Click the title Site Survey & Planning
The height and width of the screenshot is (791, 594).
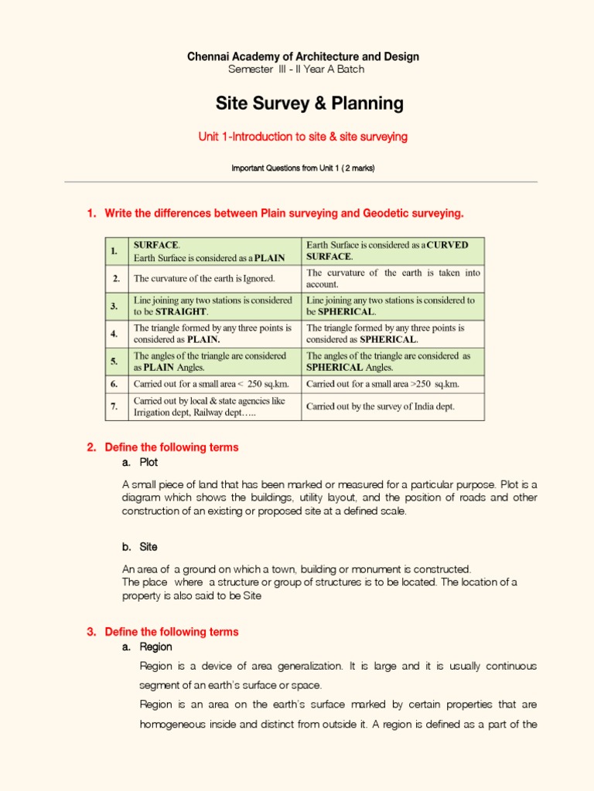(x=298, y=104)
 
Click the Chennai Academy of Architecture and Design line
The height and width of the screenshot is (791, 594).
(x=303, y=57)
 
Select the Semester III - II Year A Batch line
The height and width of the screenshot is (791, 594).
(x=296, y=70)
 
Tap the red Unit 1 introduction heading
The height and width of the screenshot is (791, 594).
(x=302, y=137)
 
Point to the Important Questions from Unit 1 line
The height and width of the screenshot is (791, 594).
(x=303, y=168)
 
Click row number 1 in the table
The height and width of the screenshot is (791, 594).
(x=114, y=251)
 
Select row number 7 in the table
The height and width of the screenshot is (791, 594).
(x=114, y=406)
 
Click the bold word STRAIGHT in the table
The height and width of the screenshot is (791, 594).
(x=181, y=312)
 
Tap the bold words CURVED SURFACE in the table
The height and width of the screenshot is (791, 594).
(x=387, y=250)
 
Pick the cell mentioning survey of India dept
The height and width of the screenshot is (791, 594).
(x=381, y=406)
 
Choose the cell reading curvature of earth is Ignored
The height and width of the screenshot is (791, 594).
(x=204, y=278)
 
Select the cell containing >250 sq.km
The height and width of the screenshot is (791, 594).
(x=383, y=384)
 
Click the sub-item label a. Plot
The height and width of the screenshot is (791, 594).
(x=140, y=463)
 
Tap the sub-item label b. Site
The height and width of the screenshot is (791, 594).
(x=139, y=547)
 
